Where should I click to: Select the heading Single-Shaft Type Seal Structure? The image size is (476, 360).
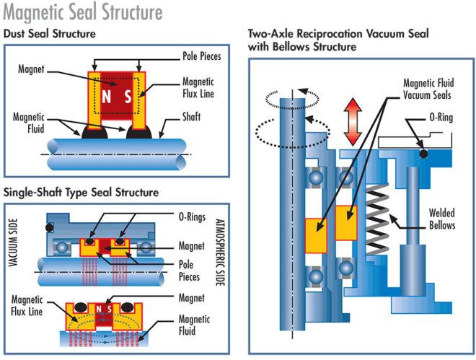tap(81, 193)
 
